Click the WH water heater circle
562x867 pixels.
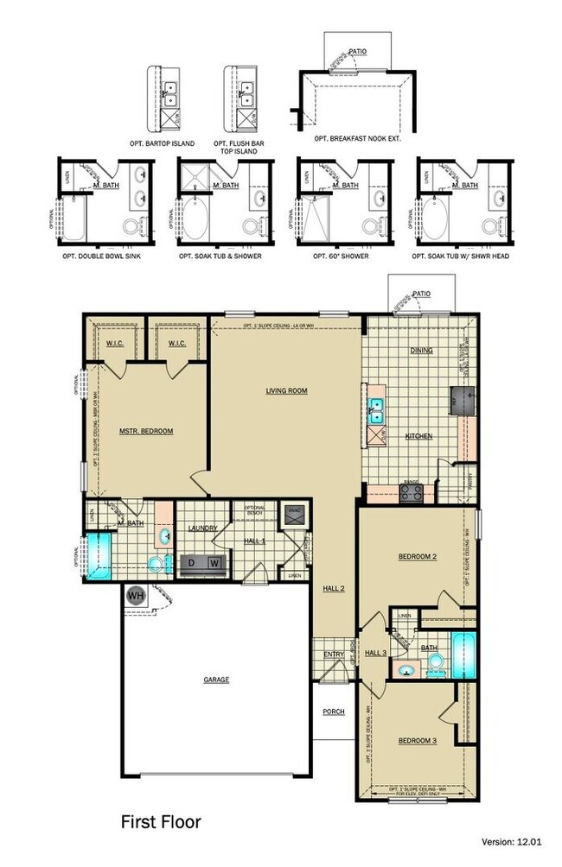pos(136,595)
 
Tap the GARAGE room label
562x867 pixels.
pos(216,680)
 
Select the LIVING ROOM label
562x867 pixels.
pos(286,391)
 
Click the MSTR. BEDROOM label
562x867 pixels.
pos(146,431)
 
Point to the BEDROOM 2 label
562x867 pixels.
pos(417,557)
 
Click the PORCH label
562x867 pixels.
pos(333,712)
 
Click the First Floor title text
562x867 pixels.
pos(160,820)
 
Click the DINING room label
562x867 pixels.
pos(421,350)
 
